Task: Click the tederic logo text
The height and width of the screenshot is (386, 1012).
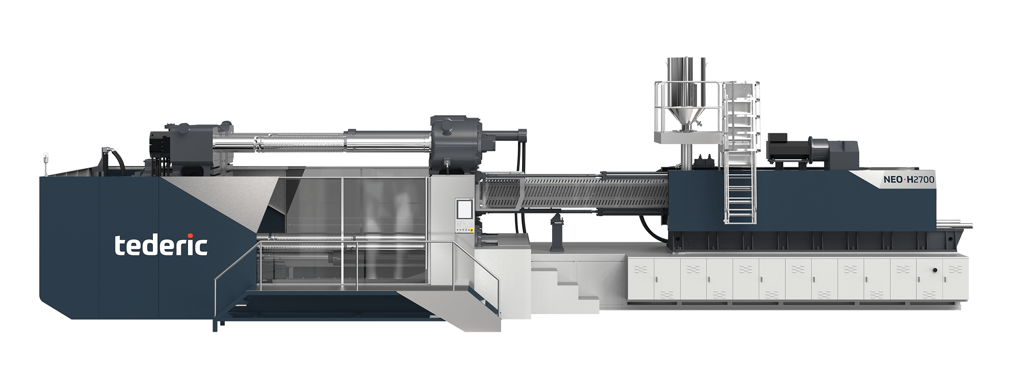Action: pyautogui.click(x=161, y=245)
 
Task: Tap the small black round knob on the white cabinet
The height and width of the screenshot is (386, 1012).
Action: pyautogui.click(x=935, y=270)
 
